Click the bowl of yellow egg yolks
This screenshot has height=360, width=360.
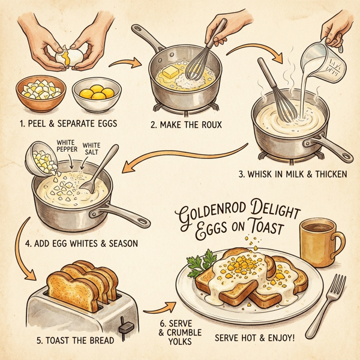coord(97,94)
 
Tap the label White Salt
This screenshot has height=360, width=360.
coord(92,148)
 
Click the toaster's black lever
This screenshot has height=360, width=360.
coord(126,327)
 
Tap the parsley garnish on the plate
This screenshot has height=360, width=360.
coord(202,261)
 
